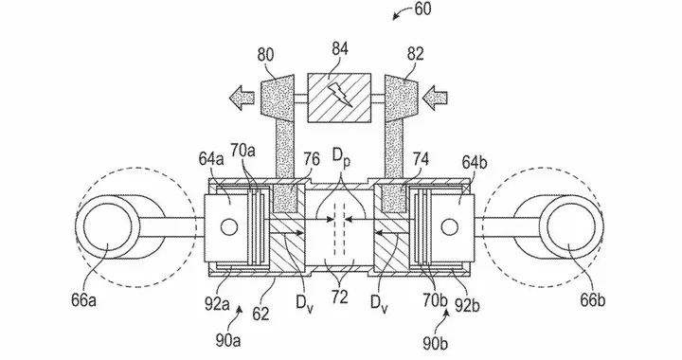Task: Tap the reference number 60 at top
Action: (x=422, y=9)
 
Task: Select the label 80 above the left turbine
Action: (x=266, y=56)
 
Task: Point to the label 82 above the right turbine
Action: (x=415, y=54)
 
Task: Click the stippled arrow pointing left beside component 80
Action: (x=242, y=97)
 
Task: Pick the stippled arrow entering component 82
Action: (x=436, y=96)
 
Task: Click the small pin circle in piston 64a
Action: (x=229, y=226)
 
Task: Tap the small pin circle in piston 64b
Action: (x=449, y=226)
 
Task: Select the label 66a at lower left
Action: (x=83, y=301)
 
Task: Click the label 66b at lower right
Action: (x=592, y=300)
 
